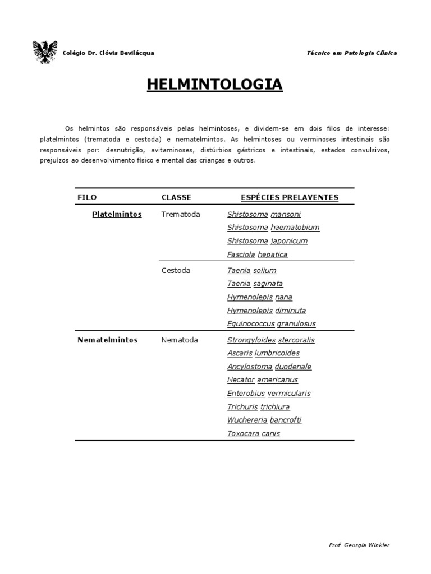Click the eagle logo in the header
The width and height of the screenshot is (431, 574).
point(45,52)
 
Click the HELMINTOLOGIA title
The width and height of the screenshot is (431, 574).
point(215,85)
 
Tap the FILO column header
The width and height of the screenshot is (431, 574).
point(87,197)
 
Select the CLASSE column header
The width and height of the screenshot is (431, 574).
point(176,197)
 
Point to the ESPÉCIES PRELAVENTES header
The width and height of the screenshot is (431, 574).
point(289,197)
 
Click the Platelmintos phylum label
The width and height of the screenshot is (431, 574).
point(117,214)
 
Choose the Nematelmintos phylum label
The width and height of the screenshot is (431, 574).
point(107,340)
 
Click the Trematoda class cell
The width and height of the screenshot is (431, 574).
point(180,214)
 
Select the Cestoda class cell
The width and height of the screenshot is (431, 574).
point(176,270)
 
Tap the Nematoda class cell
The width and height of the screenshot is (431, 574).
point(180,340)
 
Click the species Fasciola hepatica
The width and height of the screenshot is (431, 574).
point(257,254)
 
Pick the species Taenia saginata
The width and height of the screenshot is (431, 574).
point(255,284)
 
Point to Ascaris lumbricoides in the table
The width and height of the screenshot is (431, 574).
point(263,353)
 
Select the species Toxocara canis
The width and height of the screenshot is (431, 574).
point(253,433)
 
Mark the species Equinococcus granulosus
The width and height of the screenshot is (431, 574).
point(271,323)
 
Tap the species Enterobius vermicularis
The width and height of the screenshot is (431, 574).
point(268,394)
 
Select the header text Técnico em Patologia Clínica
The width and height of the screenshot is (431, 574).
point(352,53)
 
